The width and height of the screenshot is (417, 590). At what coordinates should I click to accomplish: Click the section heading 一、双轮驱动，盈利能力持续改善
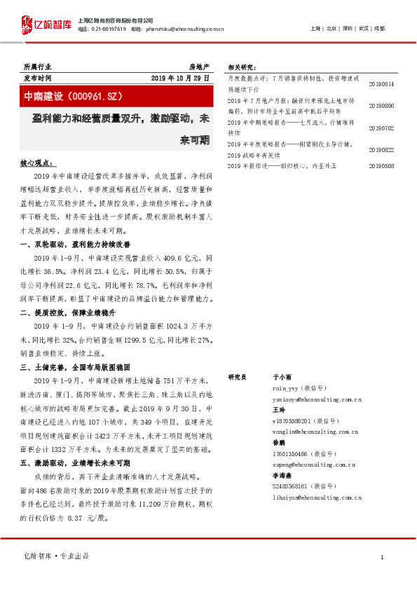(77, 243)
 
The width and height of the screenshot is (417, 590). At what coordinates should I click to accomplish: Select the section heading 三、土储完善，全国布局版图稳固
(76, 366)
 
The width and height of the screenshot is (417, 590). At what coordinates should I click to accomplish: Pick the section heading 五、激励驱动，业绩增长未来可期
(76, 463)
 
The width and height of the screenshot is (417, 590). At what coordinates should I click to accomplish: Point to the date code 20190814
(381, 84)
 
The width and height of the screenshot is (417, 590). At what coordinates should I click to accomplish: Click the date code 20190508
(381, 166)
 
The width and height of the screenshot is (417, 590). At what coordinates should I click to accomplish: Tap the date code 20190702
(381, 128)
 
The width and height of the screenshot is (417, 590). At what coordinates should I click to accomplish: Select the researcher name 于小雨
(282, 377)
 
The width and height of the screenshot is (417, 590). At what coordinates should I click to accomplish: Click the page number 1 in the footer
(381, 557)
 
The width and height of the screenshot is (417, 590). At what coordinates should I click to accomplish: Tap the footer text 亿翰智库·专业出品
(55, 557)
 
